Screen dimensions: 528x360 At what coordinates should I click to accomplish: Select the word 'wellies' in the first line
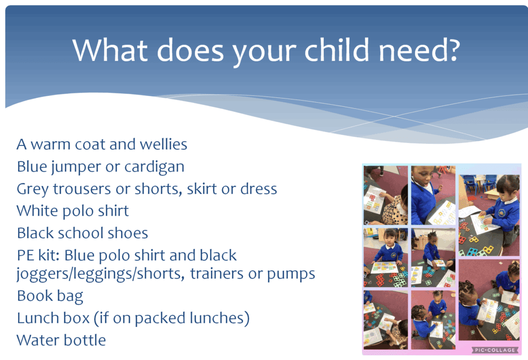(163, 144)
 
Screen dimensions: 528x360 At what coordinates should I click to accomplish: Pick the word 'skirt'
(202, 189)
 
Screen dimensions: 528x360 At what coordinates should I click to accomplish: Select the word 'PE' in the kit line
(25, 255)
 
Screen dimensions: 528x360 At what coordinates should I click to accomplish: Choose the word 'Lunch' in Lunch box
(36, 318)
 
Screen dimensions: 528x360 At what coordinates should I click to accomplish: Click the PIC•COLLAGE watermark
(494, 350)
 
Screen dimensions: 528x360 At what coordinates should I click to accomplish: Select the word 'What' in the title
(110, 50)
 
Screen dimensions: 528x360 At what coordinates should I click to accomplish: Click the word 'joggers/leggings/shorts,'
(101, 274)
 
